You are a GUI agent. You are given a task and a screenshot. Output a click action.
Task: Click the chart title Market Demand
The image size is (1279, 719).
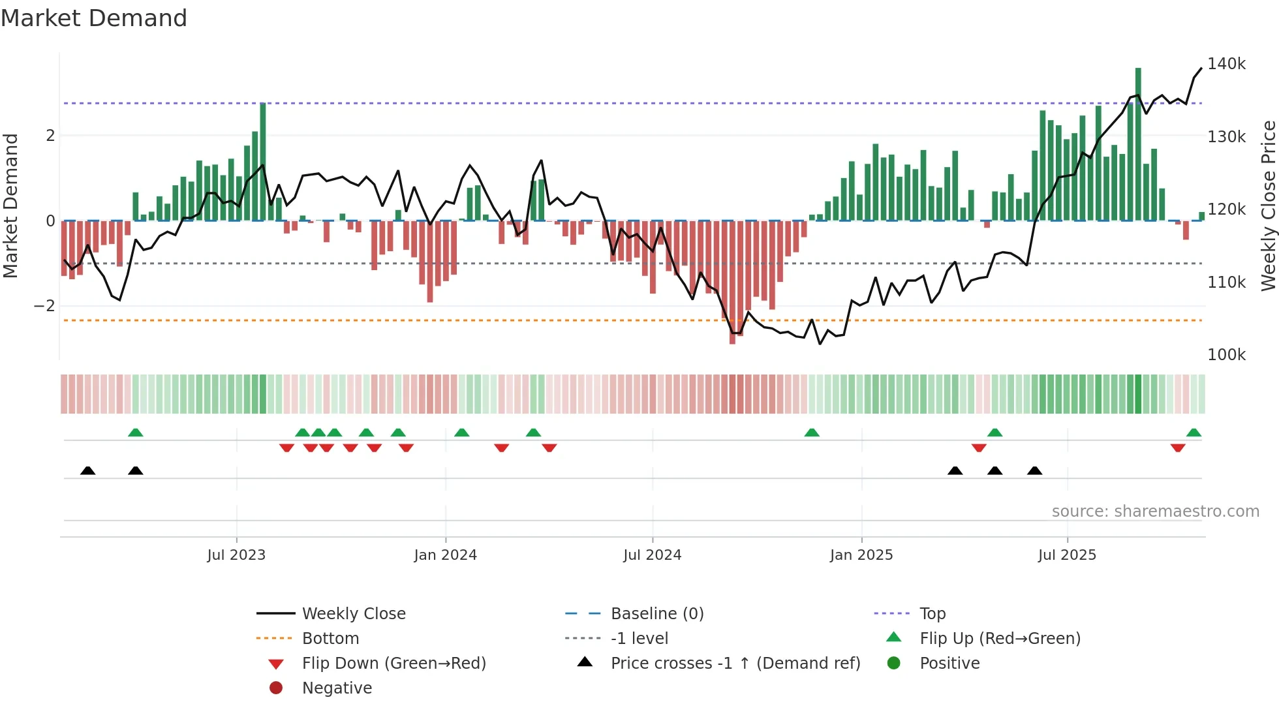pyautogui.click(x=94, y=18)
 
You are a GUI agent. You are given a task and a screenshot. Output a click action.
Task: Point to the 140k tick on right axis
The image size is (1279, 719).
pyautogui.click(x=1225, y=64)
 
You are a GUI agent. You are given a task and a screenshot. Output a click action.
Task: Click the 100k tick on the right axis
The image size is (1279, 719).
pyautogui.click(x=1225, y=355)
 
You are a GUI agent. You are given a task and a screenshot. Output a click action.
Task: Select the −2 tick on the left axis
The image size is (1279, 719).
pyautogui.click(x=44, y=306)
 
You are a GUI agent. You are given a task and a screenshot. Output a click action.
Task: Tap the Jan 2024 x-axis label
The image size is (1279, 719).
pyautogui.click(x=445, y=555)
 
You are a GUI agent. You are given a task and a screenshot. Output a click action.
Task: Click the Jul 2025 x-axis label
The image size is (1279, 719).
pyautogui.click(x=1067, y=555)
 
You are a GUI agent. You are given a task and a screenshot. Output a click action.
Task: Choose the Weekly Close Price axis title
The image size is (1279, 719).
pyautogui.click(x=1268, y=206)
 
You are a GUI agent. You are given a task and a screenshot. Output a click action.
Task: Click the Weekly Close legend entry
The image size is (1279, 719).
pyautogui.click(x=353, y=614)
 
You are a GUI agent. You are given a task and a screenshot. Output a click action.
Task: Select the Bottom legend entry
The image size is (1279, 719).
pyautogui.click(x=330, y=639)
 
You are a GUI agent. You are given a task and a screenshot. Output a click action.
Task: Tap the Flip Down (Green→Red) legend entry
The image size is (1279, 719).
pyautogui.click(x=393, y=664)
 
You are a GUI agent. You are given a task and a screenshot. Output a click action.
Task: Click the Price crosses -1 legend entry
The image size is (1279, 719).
pyautogui.click(x=735, y=664)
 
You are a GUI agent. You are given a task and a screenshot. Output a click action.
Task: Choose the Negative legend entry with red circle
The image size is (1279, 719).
pyautogui.click(x=337, y=688)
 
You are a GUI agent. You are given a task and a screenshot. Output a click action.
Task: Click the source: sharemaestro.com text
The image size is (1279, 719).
pyautogui.click(x=1155, y=512)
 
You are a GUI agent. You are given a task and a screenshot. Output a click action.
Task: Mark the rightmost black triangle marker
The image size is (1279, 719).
pyautogui.click(x=1034, y=471)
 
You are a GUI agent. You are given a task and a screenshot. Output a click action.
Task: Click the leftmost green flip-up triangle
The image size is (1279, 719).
pyautogui.click(x=136, y=433)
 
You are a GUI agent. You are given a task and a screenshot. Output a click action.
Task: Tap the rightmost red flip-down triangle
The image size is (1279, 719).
pyautogui.click(x=1178, y=448)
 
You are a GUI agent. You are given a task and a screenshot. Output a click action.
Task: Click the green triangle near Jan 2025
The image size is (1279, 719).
pyautogui.click(x=812, y=433)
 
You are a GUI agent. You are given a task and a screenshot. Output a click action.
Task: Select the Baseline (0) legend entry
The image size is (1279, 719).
pyautogui.click(x=656, y=614)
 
